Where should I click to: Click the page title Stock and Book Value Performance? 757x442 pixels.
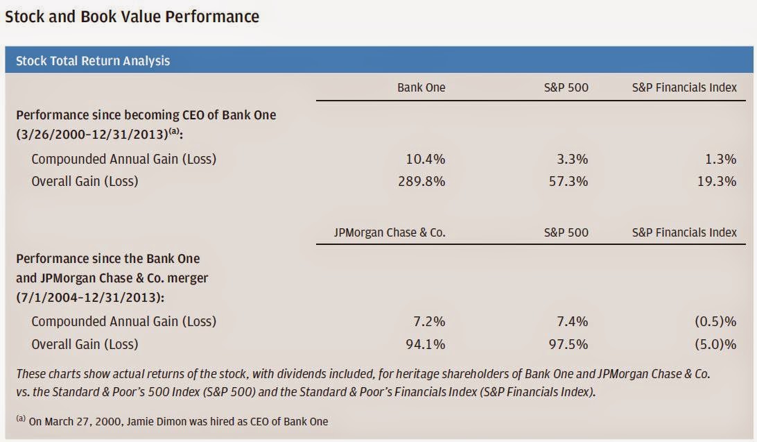(x=132, y=17)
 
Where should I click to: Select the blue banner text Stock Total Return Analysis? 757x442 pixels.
(x=93, y=60)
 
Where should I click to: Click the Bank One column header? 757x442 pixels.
(x=421, y=87)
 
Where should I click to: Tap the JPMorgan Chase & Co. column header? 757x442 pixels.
(x=390, y=232)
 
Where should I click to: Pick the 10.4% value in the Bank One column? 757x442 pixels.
(x=425, y=159)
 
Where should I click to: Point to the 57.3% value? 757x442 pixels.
(x=568, y=181)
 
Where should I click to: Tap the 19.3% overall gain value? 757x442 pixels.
(x=716, y=181)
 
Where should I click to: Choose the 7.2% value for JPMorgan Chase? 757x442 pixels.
(x=428, y=321)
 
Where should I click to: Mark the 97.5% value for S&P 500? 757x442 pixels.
(x=568, y=343)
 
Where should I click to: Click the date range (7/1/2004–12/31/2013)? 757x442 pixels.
(x=90, y=297)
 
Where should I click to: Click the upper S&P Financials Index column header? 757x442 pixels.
(x=684, y=87)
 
